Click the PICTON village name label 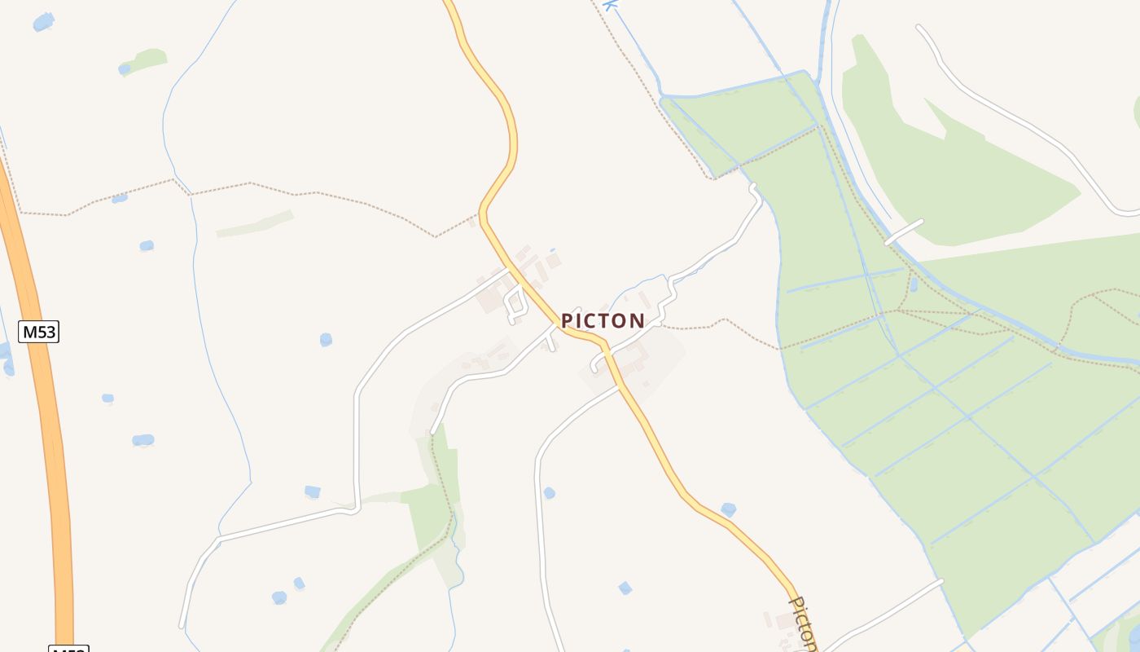[603, 321]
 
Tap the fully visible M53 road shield [39, 332]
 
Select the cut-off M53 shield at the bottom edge [68, 649]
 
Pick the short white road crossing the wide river [904, 231]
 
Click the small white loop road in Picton [514, 302]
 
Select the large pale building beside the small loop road [491, 300]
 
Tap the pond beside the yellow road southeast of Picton [728, 509]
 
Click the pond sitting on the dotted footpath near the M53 [120, 198]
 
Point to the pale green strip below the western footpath [255, 224]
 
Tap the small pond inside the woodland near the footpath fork [913, 284]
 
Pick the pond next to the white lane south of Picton [550, 492]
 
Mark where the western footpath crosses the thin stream [190, 194]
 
